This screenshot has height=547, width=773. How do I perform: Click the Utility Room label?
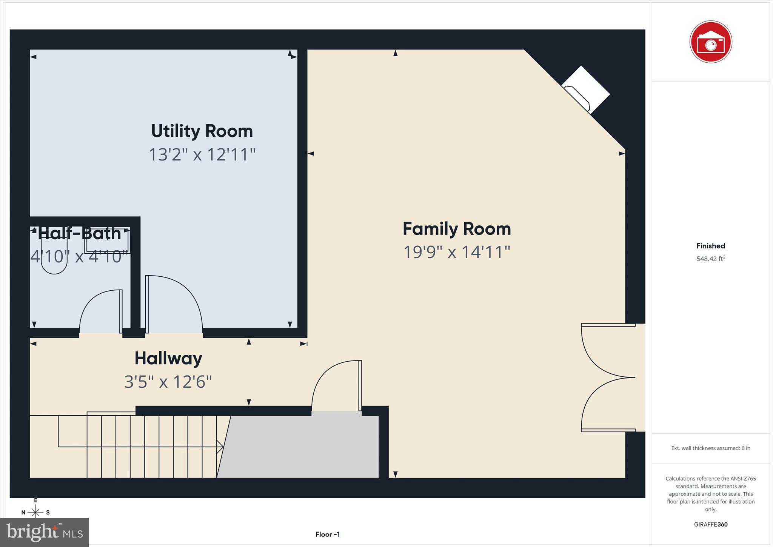pyautogui.click(x=202, y=131)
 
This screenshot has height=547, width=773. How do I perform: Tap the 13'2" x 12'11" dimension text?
pyautogui.click(x=202, y=154)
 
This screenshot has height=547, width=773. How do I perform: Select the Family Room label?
pyautogui.click(x=457, y=229)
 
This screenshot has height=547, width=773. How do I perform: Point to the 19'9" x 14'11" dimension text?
pyautogui.click(x=457, y=252)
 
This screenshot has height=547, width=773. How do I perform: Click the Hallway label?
pyautogui.click(x=168, y=358)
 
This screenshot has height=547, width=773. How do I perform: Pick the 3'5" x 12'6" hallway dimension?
pyautogui.click(x=168, y=382)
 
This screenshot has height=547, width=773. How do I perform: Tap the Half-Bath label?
pyautogui.click(x=79, y=234)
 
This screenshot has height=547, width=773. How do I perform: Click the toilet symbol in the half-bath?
pyautogui.click(x=54, y=260)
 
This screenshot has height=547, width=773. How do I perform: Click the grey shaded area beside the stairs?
pyautogui.click(x=302, y=447)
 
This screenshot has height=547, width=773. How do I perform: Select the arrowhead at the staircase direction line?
pyautogui.click(x=220, y=447)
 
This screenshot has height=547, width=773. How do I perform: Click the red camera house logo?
pyautogui.click(x=710, y=42)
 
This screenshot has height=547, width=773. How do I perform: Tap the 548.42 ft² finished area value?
pyautogui.click(x=711, y=259)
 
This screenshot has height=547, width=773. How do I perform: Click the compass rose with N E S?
pyautogui.click(x=35, y=512)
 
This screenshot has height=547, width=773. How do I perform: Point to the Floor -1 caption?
pyautogui.click(x=328, y=534)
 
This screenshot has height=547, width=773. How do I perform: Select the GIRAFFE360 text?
pyautogui.click(x=711, y=524)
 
